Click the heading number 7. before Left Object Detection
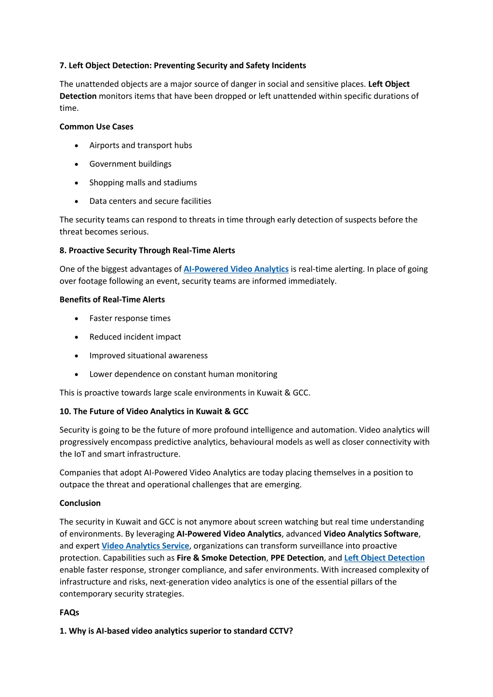(63, 66)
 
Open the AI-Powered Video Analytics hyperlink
(236, 269)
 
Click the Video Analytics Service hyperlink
(145, 546)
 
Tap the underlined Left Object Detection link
(384, 558)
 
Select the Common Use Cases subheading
(96, 127)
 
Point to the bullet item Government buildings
(130, 164)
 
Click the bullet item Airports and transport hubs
(140, 145)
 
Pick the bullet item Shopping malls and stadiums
(143, 183)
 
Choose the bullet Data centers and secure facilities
(150, 201)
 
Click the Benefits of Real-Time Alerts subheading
(112, 300)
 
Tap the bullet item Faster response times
(130, 318)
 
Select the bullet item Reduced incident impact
(135, 337)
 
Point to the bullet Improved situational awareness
(148, 355)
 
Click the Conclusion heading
(80, 503)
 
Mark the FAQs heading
(69, 613)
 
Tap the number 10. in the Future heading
(65, 411)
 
